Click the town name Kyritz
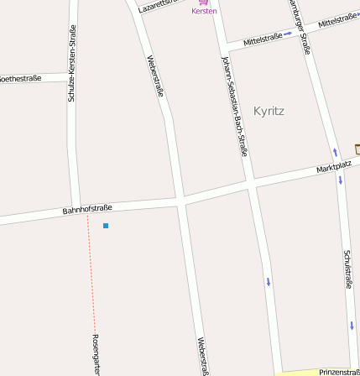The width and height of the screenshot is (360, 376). pyautogui.click(x=269, y=111)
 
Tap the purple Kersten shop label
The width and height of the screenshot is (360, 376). pyautogui.click(x=204, y=11)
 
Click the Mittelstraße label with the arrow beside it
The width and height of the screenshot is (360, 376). pyautogui.click(x=261, y=39)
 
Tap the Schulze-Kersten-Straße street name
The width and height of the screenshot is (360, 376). pyautogui.click(x=72, y=64)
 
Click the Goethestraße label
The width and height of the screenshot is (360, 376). pyautogui.click(x=20, y=78)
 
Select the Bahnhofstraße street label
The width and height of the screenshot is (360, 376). pyautogui.click(x=87, y=208)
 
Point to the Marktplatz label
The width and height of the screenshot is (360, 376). pyautogui.click(x=333, y=166)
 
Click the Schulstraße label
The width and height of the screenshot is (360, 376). pyautogui.click(x=347, y=269)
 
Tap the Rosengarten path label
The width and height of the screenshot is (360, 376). pyautogui.click(x=96, y=352)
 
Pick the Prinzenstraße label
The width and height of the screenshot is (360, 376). pyautogui.click(x=338, y=371)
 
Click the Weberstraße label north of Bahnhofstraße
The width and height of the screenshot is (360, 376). pyautogui.click(x=155, y=76)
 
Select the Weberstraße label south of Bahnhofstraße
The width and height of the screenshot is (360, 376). pyautogui.click(x=201, y=354)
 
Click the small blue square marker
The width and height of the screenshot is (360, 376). pyautogui.click(x=106, y=226)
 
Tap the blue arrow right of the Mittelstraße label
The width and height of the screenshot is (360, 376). pyautogui.click(x=287, y=34)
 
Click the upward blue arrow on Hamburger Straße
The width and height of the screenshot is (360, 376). pyautogui.click(x=336, y=153)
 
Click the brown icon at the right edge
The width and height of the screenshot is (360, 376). pyautogui.click(x=357, y=149)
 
